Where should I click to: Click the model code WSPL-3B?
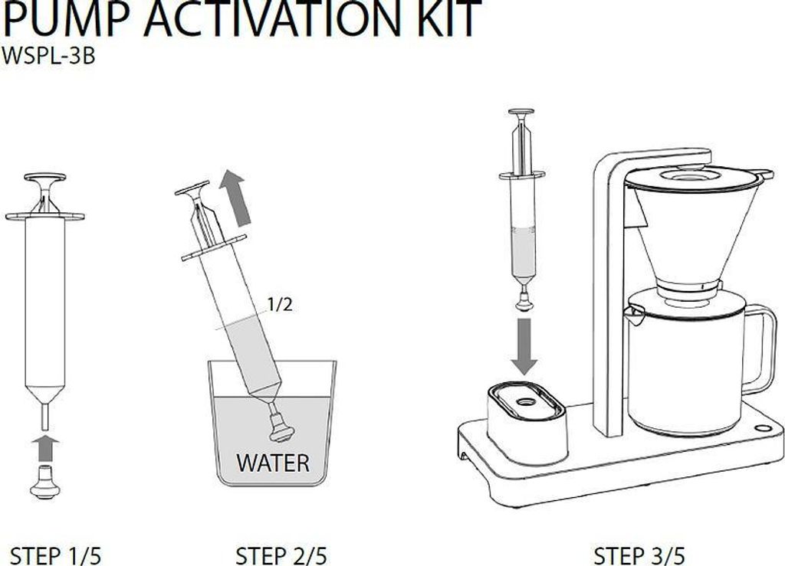click(x=48, y=56)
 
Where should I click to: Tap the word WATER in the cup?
click(x=273, y=463)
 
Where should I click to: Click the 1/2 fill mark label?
click(x=280, y=304)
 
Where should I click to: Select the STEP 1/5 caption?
click(x=55, y=556)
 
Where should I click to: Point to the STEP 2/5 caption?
click(x=281, y=556)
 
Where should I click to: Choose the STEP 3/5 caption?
click(x=639, y=556)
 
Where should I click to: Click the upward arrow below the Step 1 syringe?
click(x=45, y=448)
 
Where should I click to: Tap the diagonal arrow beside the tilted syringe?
click(x=235, y=197)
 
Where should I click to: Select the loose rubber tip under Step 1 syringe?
click(x=45, y=482)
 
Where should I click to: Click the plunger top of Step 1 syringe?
click(x=45, y=178)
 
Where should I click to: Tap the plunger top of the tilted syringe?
click(x=192, y=188)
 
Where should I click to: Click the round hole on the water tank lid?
click(x=526, y=401)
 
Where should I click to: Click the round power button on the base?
click(x=763, y=428)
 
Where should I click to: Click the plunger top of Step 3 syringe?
click(x=521, y=112)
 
